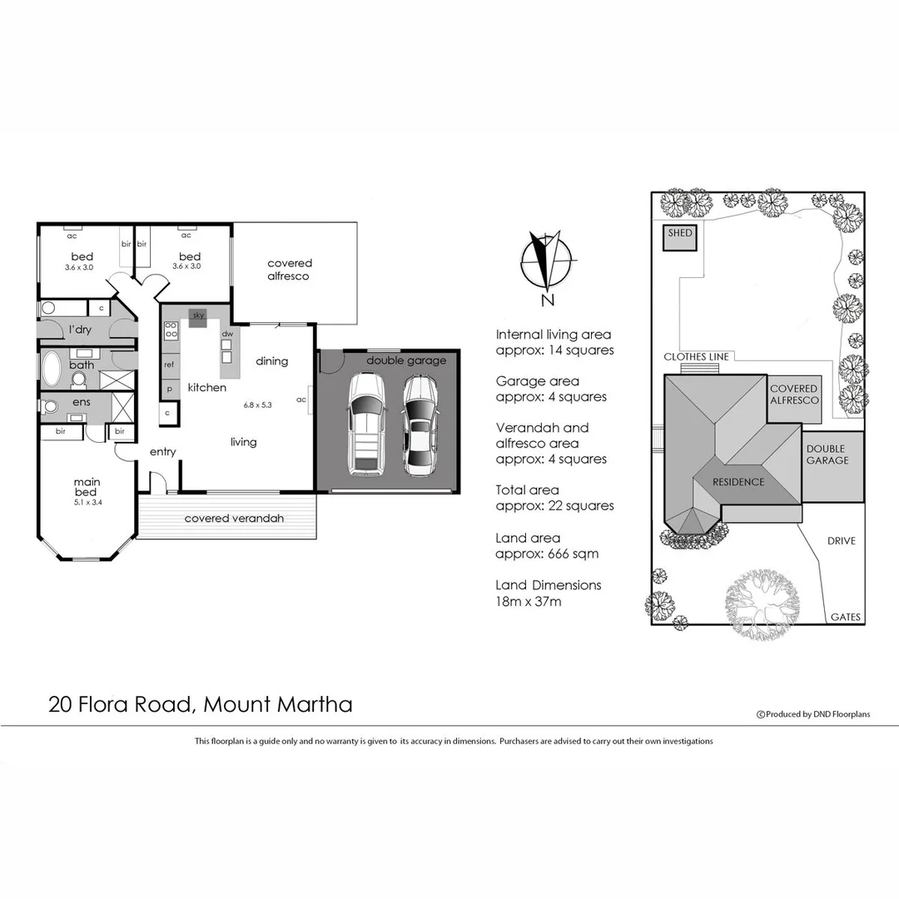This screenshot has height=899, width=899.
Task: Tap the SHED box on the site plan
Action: [679, 237]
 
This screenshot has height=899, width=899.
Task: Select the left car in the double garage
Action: [366, 424]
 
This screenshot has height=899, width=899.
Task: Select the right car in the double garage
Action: [420, 425]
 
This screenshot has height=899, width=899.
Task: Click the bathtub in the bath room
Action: [52, 367]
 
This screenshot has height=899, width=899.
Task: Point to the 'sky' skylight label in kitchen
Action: [198, 315]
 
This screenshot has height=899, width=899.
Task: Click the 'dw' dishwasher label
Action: [226, 335]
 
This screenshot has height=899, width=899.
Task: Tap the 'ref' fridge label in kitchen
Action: [169, 365]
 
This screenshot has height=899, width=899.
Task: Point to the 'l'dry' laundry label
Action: [80, 330]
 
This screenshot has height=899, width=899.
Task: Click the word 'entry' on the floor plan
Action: [162, 452]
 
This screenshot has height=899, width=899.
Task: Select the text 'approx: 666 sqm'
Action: [546, 554]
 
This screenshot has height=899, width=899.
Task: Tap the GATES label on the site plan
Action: [845, 618]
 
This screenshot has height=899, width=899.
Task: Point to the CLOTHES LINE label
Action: [696, 357]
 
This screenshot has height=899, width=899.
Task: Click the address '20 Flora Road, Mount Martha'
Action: [201, 704]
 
